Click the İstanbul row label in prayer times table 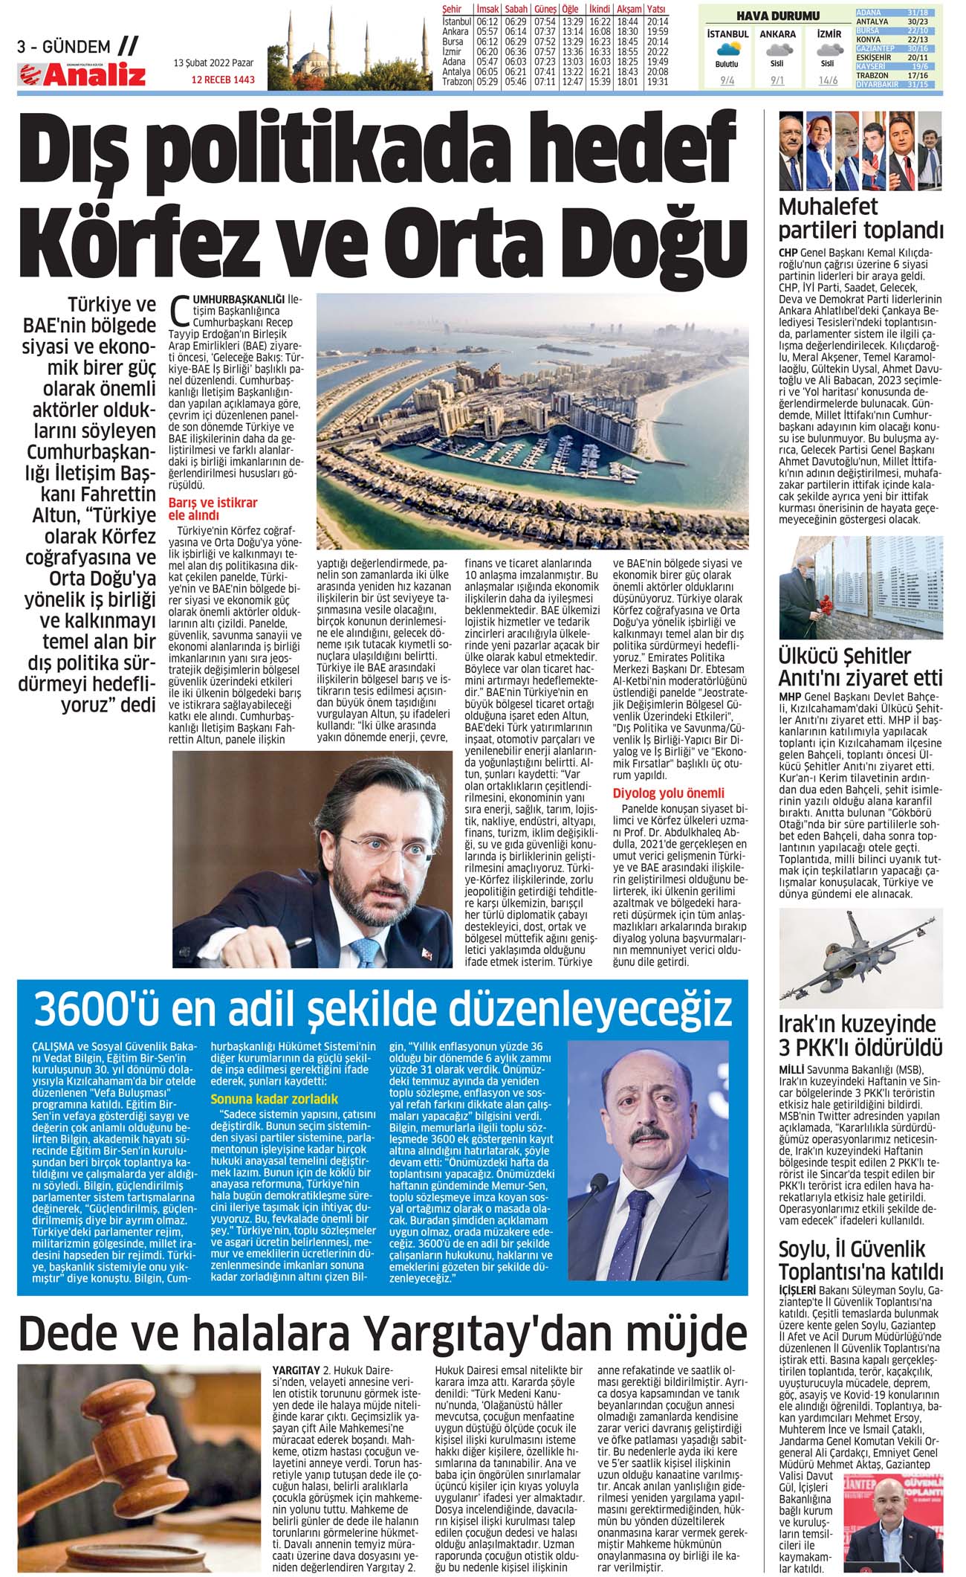(x=456, y=22)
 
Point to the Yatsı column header (x=657, y=9)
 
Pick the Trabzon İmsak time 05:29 (x=487, y=82)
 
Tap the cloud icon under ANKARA (x=777, y=50)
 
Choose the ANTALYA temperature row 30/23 (x=900, y=22)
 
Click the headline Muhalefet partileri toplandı (x=860, y=219)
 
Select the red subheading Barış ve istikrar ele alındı (x=213, y=509)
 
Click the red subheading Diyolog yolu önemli (x=668, y=793)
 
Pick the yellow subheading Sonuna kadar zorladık (x=274, y=1099)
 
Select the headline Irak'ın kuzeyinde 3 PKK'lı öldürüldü (x=860, y=1036)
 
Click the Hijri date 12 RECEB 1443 (x=223, y=80)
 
